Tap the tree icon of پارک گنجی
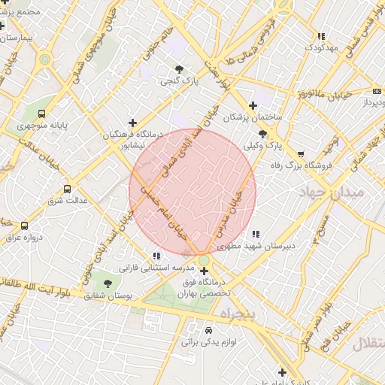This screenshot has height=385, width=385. [179, 69]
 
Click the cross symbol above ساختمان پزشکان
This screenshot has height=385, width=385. [253, 105]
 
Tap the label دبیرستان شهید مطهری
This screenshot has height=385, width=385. [256, 246]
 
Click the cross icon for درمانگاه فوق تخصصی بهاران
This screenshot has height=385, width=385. [204, 270]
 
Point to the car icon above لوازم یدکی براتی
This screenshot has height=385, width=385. [208, 330]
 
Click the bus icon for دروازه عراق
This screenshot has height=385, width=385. [24, 226]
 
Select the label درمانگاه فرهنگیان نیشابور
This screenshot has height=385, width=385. [132, 138]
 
